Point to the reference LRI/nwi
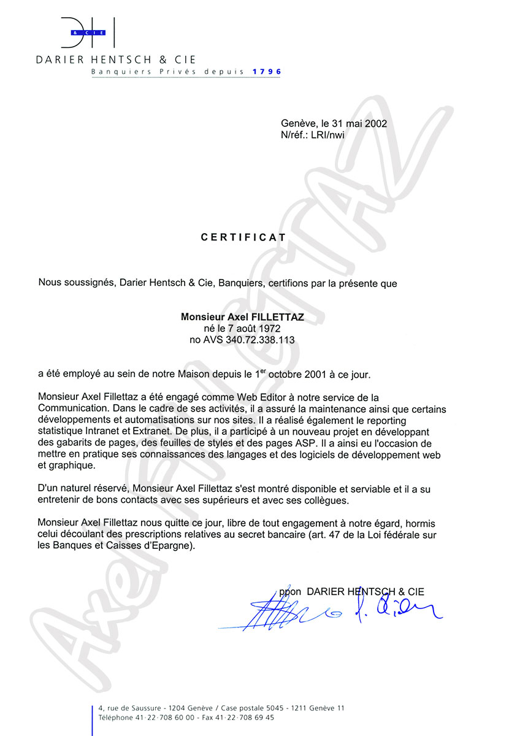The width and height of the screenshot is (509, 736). [329, 135]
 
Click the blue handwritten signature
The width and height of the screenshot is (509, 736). [331, 611]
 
